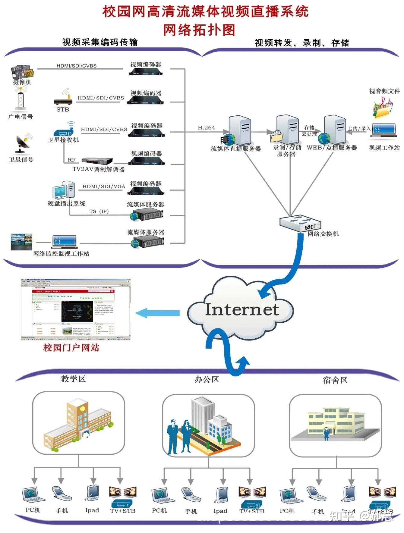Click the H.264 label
(x=206, y=127)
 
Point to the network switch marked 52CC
(x=300, y=223)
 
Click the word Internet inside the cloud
(x=241, y=309)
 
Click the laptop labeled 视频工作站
(x=383, y=130)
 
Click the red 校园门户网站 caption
(x=71, y=347)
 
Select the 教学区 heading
(x=73, y=379)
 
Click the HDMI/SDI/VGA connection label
(x=104, y=187)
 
